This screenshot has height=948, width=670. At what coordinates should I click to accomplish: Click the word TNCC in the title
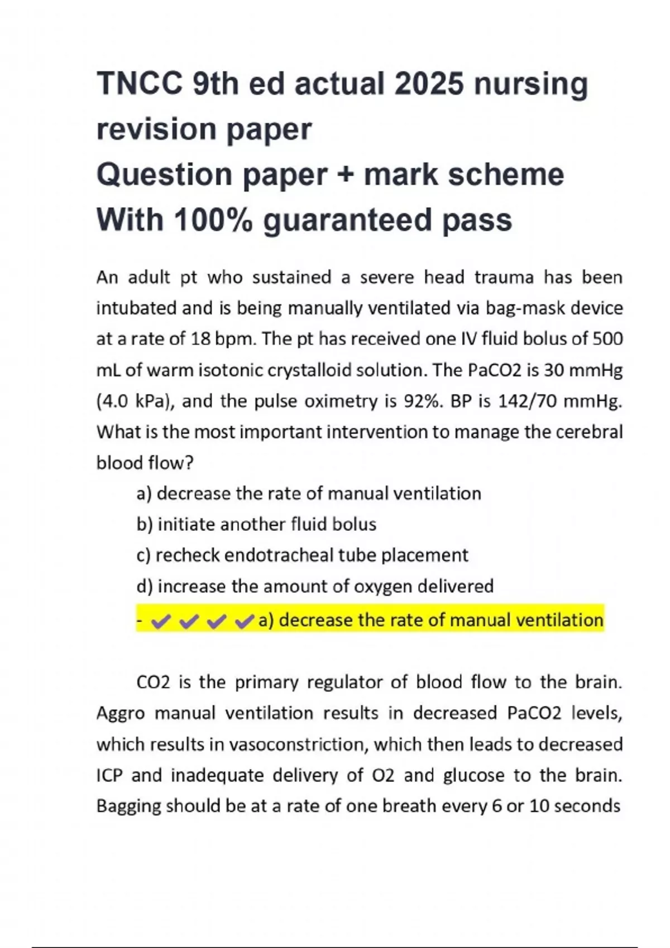(x=140, y=84)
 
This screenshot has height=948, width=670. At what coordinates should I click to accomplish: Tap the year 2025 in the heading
(x=428, y=84)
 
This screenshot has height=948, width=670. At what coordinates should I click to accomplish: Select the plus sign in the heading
(x=345, y=175)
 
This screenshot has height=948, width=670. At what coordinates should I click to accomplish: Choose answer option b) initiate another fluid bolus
(x=256, y=524)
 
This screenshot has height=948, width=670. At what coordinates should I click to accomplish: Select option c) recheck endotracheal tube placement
(x=302, y=555)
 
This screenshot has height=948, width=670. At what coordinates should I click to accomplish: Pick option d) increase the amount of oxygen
(x=315, y=586)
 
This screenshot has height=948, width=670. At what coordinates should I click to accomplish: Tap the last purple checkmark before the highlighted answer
(x=244, y=621)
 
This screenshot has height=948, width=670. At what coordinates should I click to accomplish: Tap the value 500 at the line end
(x=607, y=339)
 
